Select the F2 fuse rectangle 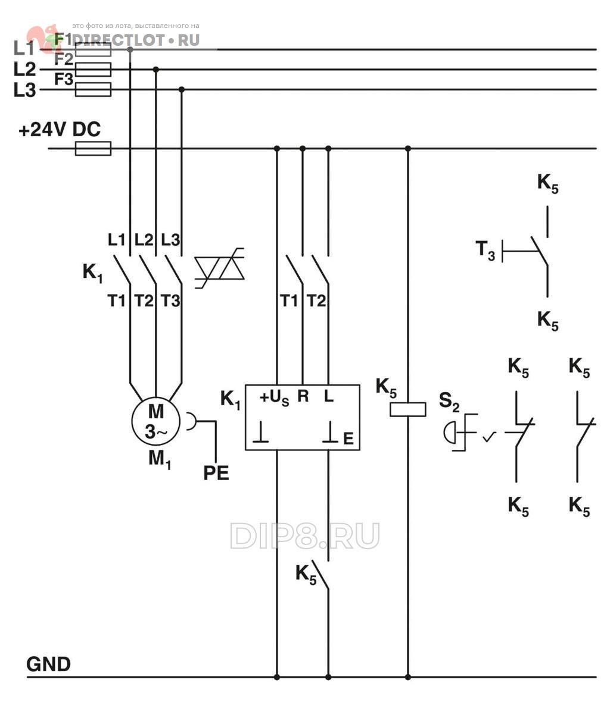93,70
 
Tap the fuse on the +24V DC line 93,149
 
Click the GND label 48,664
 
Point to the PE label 216,473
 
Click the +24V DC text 60,130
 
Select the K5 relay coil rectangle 407,409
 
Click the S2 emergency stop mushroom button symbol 449,432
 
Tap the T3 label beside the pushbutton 485,250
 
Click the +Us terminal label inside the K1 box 274,398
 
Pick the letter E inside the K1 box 348,439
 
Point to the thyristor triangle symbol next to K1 220,268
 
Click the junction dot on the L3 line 182,89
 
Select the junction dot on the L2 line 156,70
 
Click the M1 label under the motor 160,460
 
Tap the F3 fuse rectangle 93,89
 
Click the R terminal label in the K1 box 303,396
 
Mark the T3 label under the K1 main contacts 170,300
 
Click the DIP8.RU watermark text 304,535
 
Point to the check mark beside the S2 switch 489,437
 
